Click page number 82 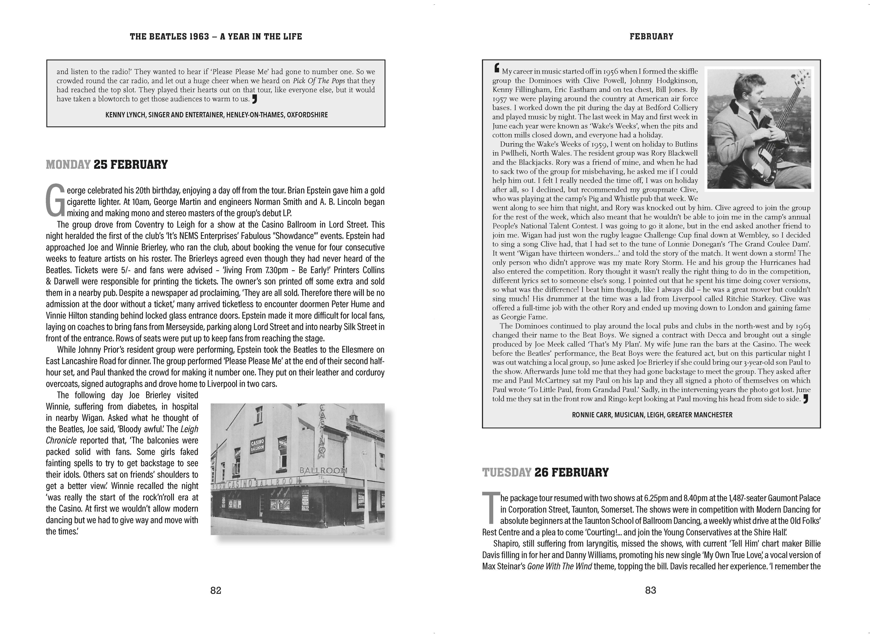point(215,590)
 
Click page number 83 point(650,590)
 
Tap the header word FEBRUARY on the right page point(651,36)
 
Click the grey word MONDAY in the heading point(68,165)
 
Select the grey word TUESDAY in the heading point(507,472)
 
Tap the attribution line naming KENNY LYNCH point(216,115)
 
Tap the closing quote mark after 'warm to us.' point(254,99)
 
